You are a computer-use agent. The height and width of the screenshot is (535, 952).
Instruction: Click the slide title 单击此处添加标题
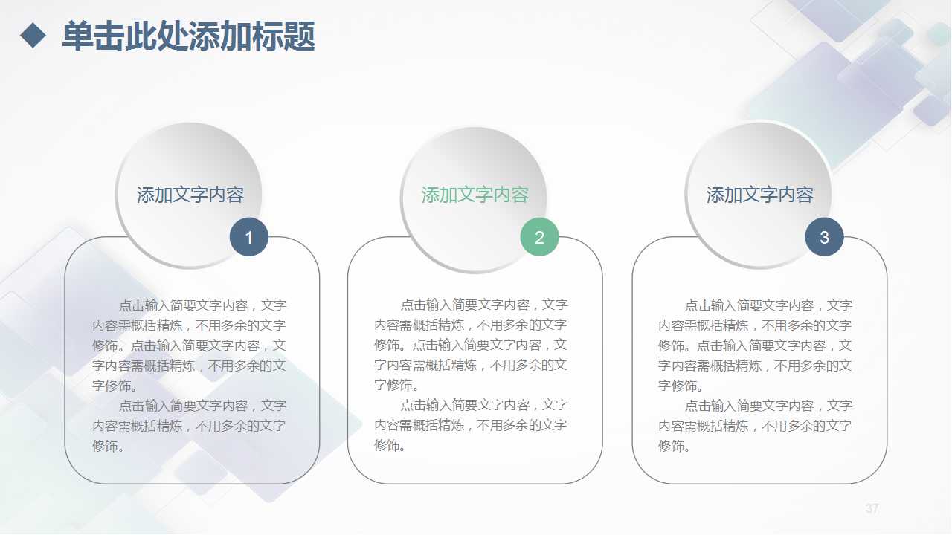click(188, 36)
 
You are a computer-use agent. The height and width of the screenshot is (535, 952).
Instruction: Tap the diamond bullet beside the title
click(33, 35)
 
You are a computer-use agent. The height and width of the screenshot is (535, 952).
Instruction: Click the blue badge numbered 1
click(248, 238)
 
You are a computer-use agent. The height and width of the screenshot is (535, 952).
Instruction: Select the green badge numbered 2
click(539, 238)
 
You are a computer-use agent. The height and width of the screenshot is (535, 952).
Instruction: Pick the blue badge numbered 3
click(824, 238)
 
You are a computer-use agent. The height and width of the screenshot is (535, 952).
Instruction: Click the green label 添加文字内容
click(475, 195)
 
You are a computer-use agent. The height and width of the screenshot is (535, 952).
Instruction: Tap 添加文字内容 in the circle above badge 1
click(190, 195)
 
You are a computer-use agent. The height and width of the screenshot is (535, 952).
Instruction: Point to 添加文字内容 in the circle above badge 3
click(759, 195)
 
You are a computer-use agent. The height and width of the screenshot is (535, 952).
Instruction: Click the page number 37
click(872, 509)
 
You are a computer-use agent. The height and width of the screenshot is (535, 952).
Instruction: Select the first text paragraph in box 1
click(190, 346)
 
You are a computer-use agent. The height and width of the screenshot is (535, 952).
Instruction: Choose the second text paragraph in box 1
click(190, 426)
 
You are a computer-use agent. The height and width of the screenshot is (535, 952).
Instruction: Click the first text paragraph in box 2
click(471, 345)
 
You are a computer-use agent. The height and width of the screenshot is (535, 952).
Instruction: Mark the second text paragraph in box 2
click(471, 425)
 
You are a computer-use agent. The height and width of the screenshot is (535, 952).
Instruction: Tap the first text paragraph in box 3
click(755, 346)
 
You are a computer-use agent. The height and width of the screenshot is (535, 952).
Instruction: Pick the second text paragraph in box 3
click(755, 426)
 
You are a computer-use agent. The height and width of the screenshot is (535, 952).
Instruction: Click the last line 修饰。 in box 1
click(109, 446)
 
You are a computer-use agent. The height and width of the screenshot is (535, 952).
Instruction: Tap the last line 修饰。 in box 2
click(390, 445)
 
